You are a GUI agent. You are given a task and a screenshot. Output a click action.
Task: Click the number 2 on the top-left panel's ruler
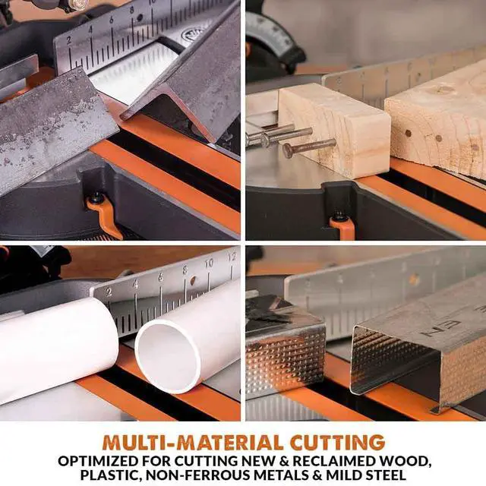[x=69, y=40]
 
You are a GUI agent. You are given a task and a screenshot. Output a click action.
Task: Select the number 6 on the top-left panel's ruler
[x=111, y=20]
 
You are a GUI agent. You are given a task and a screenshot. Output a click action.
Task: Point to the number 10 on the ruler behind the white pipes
[x=209, y=263]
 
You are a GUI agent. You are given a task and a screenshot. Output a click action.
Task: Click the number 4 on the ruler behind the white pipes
[x=135, y=284]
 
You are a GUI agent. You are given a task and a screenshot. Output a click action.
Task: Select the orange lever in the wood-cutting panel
[x=342, y=227]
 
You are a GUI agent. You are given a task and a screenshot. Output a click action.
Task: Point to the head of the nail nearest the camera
[x=288, y=150]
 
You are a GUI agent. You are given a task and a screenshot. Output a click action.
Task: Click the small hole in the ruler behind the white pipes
[x=193, y=280]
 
